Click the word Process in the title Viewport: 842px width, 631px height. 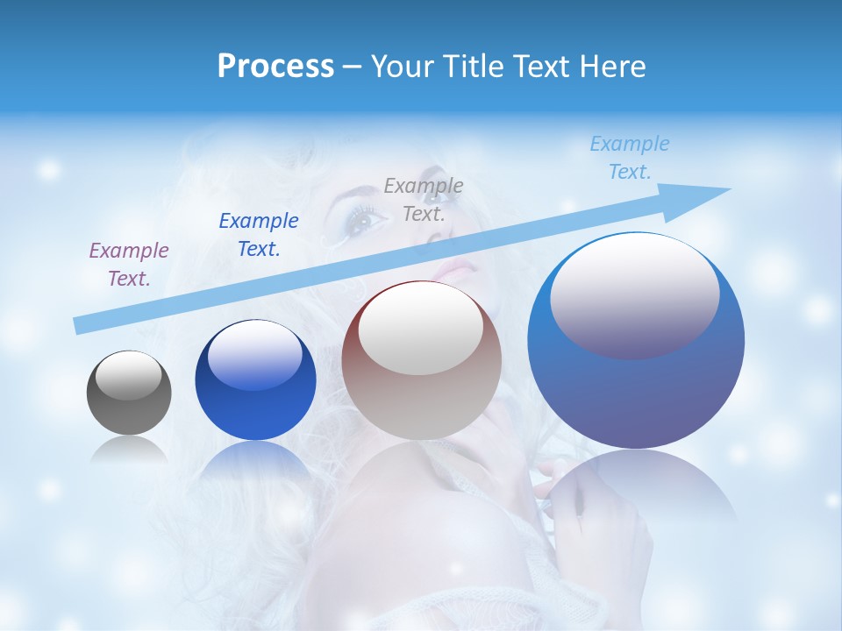coord(275,67)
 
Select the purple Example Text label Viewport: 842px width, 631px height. coord(129,265)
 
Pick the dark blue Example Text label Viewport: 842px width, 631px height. coord(259,235)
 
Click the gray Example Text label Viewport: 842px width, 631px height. coord(424,200)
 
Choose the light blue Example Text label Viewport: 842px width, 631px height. coord(630,158)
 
